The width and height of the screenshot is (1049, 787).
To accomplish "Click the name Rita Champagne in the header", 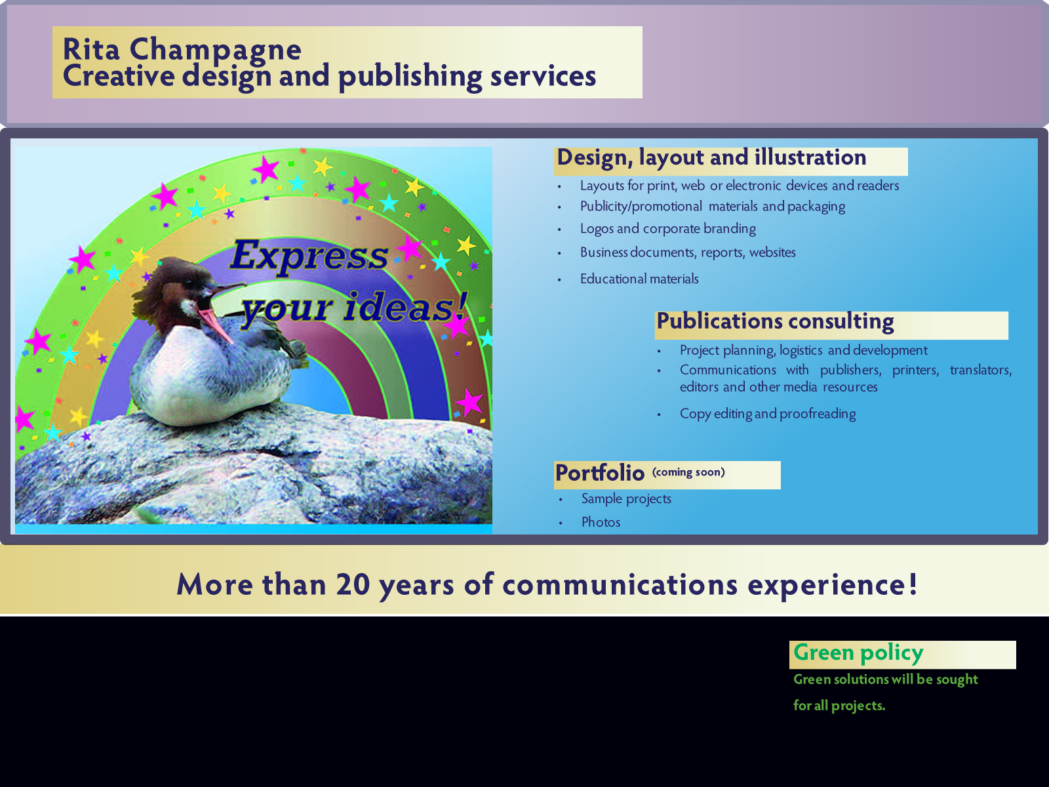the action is [182, 50].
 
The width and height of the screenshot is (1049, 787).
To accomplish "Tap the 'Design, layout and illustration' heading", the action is [711, 157].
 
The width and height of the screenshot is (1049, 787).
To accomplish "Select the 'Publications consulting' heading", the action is [775, 321].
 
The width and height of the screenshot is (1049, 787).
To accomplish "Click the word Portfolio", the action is [600, 473].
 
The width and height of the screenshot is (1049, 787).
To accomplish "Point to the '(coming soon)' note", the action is [688, 472].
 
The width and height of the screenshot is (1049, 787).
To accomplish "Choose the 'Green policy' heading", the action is [858, 653].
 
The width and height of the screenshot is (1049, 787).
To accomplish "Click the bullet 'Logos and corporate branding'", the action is [667, 229].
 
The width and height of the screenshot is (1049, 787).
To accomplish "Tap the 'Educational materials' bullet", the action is [639, 279].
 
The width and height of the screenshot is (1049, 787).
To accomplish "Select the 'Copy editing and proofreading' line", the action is [768, 414].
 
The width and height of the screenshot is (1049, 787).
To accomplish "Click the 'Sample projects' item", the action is [626, 499].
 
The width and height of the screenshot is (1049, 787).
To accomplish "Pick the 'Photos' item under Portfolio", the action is [601, 522].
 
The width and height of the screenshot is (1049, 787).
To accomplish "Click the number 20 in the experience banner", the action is [353, 584].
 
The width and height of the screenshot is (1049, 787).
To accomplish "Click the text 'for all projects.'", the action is [839, 706].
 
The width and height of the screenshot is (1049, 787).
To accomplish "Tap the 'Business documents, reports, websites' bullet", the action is [688, 252].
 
